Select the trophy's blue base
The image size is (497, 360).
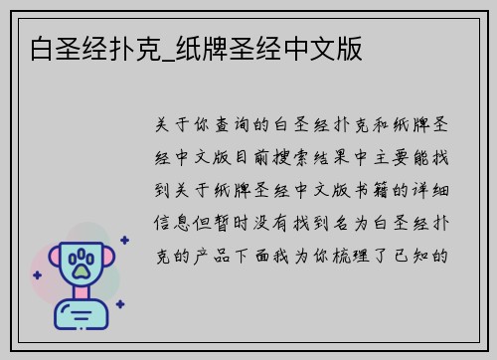point(83,316)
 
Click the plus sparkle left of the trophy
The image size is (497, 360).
point(37,287)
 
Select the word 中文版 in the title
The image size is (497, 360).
point(330,46)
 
